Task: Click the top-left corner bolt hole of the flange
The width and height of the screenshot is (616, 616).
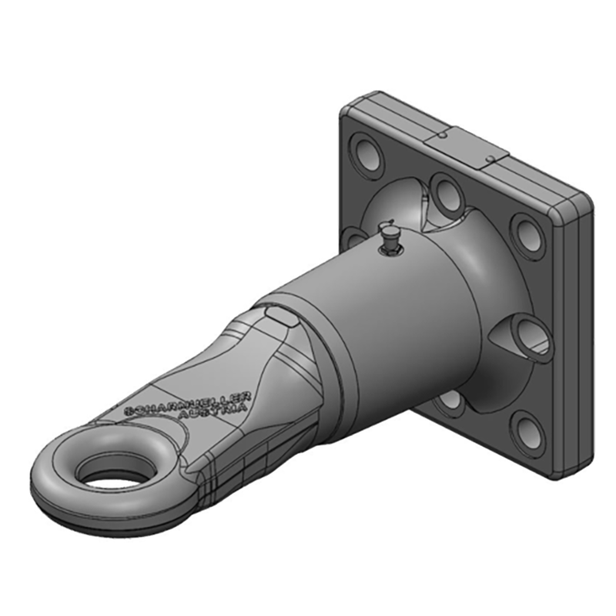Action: tap(364, 149)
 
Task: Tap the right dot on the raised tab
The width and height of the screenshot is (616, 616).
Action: tap(490, 160)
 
